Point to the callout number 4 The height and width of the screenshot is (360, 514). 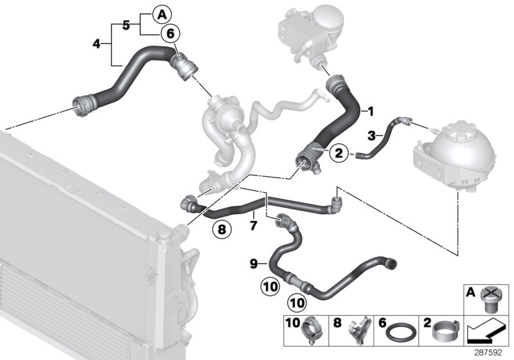tap(96, 44)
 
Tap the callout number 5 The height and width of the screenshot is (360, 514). tap(126, 24)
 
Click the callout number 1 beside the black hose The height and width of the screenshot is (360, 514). tap(370, 111)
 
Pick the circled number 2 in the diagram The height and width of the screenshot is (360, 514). tap(338, 153)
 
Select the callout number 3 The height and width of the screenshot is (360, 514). tap(371, 135)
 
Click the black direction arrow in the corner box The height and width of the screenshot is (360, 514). tap(486, 332)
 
